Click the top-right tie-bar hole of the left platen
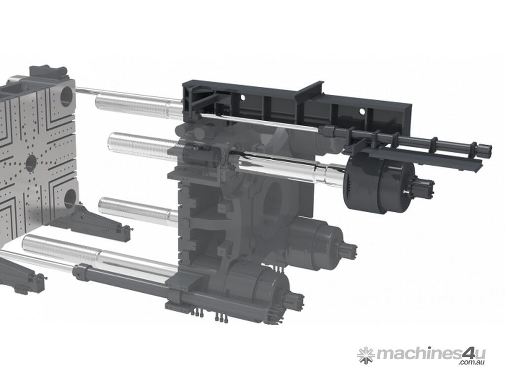tap(67, 96)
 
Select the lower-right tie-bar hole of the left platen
tap(70, 198)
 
